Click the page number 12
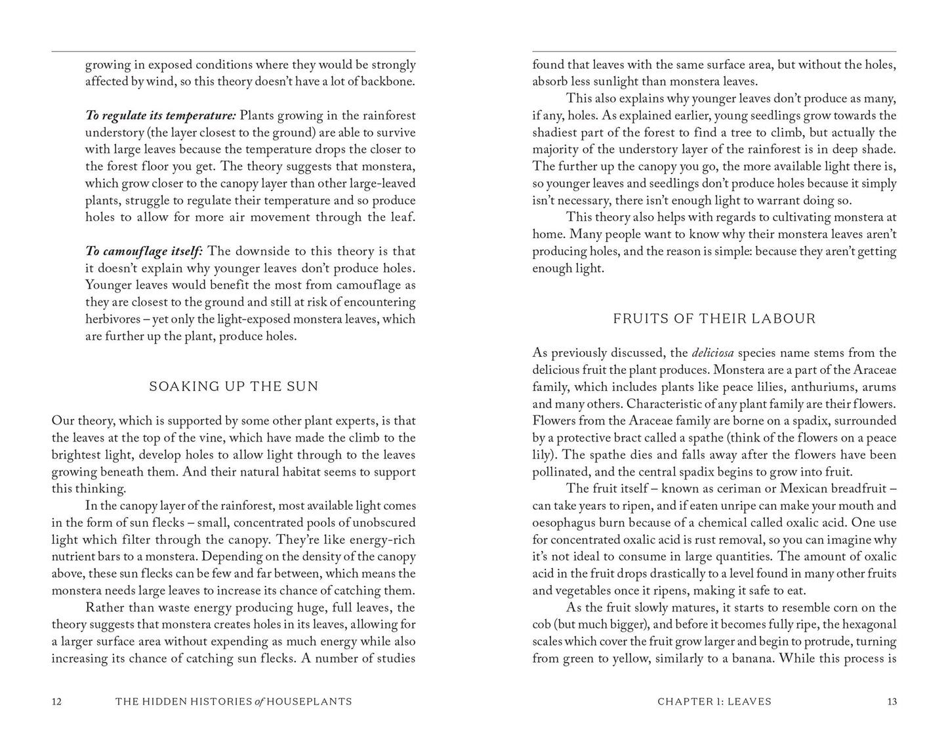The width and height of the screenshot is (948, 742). [56, 701]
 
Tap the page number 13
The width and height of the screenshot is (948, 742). [892, 701]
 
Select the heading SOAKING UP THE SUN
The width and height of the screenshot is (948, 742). [234, 386]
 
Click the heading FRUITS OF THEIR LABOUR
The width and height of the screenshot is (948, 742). [714, 319]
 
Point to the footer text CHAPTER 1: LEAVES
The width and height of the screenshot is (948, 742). [714, 701]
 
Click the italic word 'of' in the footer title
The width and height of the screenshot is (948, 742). [260, 701]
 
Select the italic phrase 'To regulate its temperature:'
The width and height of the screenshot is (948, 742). [161, 115]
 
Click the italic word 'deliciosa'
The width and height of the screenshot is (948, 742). [711, 353]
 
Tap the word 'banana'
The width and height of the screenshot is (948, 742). [751, 659]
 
